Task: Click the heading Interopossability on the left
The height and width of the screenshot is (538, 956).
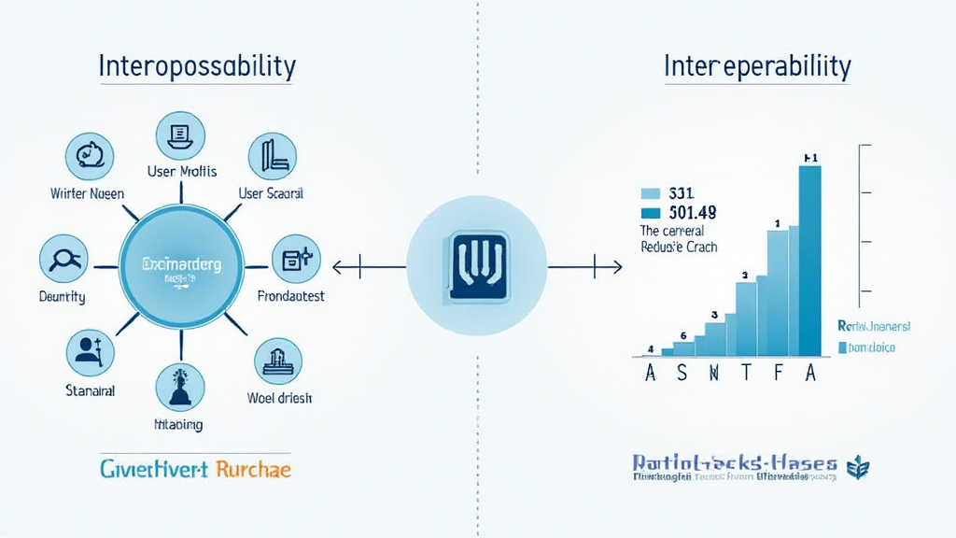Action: click(197, 67)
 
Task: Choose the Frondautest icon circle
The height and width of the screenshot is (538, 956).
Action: click(295, 260)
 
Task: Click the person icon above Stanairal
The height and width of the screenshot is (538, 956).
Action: click(91, 351)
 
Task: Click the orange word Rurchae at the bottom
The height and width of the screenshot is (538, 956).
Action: click(253, 468)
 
